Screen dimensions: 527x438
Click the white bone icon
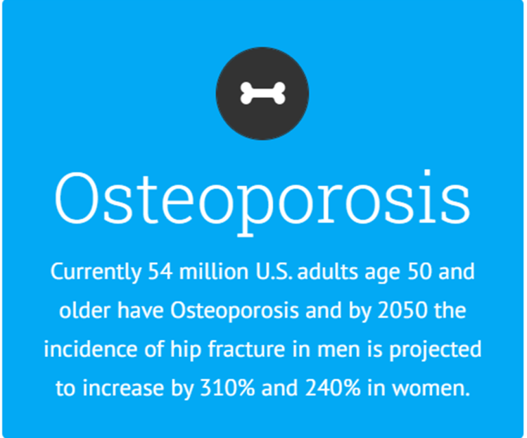click(263, 93)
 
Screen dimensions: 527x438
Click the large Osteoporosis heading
click(263, 203)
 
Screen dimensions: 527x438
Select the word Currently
click(96, 273)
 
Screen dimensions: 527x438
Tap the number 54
click(161, 272)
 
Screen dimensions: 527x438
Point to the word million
click(214, 271)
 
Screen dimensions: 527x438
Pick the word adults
click(328, 271)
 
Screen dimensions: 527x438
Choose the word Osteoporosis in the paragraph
click(235, 310)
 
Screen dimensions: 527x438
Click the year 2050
click(403, 310)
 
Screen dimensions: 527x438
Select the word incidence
click(91, 349)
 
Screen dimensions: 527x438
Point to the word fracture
click(246, 349)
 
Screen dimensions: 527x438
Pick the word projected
click(436, 350)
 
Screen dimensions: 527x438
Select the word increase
click(123, 388)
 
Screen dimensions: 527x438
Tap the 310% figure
click(228, 388)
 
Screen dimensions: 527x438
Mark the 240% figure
click(333, 388)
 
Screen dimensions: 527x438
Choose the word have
click(141, 310)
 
